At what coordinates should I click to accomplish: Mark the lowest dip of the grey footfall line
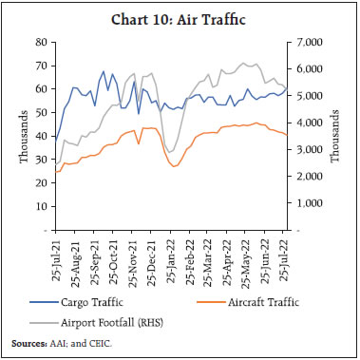tap(171, 152)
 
